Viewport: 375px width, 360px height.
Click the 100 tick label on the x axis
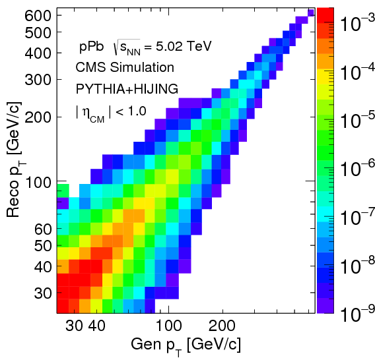[x=168, y=325]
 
